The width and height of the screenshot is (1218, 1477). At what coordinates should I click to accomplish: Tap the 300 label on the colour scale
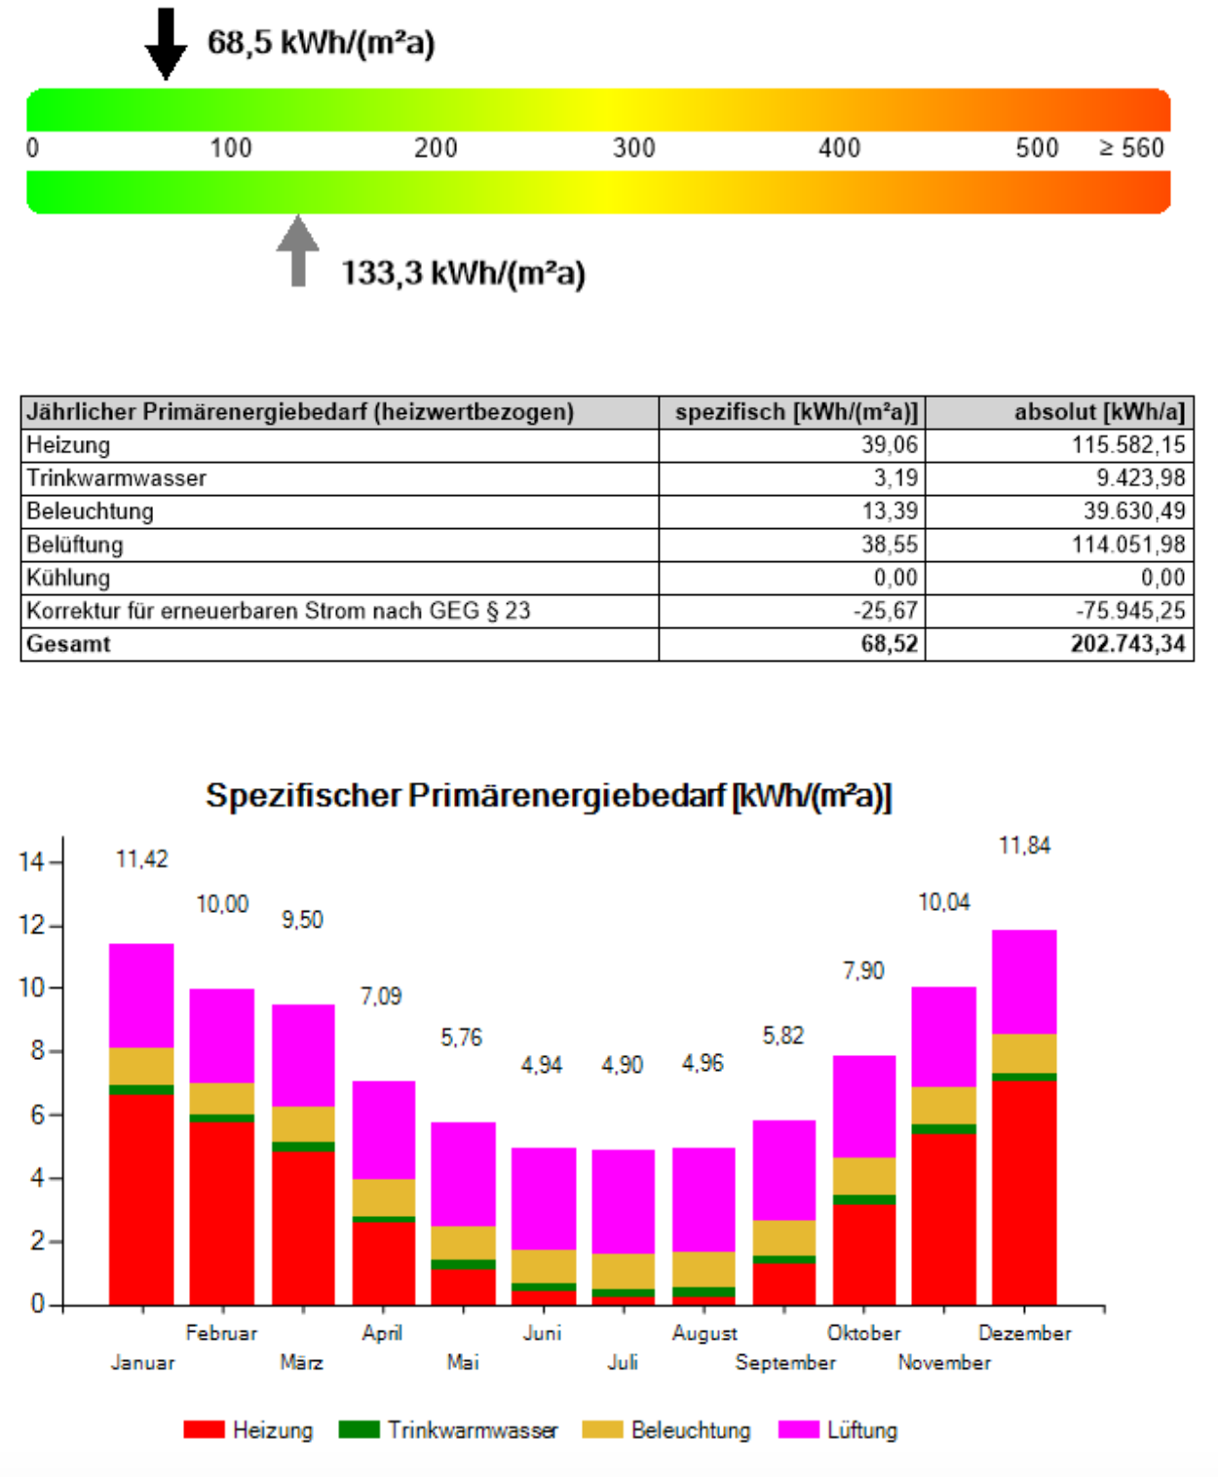(x=633, y=148)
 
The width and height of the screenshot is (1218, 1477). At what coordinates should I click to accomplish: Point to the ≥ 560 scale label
(x=1131, y=148)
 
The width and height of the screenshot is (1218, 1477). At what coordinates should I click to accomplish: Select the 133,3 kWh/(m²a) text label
(x=463, y=274)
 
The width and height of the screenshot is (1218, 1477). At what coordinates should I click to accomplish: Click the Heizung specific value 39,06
(x=889, y=445)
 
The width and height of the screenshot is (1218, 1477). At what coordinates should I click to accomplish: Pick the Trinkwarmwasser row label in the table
(x=116, y=478)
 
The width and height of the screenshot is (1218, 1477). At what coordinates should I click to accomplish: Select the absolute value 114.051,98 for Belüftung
(x=1128, y=545)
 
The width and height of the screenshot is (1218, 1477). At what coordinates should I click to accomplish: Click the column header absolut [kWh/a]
(x=1098, y=412)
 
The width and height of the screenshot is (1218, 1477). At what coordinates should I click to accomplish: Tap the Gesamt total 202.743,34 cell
(x=1127, y=644)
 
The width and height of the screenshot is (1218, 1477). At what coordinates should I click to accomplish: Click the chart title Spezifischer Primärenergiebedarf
(x=549, y=796)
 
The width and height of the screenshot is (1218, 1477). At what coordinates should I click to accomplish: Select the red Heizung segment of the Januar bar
(x=141, y=1198)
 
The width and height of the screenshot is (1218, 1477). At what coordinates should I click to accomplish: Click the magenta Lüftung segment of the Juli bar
(x=623, y=1201)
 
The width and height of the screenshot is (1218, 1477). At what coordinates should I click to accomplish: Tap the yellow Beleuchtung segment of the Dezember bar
(x=1024, y=1053)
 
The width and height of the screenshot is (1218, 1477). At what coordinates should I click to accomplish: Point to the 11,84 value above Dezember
(x=1024, y=846)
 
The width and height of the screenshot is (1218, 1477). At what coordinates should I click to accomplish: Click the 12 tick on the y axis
(x=31, y=925)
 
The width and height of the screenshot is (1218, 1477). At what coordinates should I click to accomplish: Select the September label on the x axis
(x=784, y=1362)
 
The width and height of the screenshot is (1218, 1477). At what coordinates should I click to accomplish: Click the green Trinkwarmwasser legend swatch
(x=359, y=1429)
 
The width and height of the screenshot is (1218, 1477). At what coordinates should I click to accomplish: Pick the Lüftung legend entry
(x=861, y=1430)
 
